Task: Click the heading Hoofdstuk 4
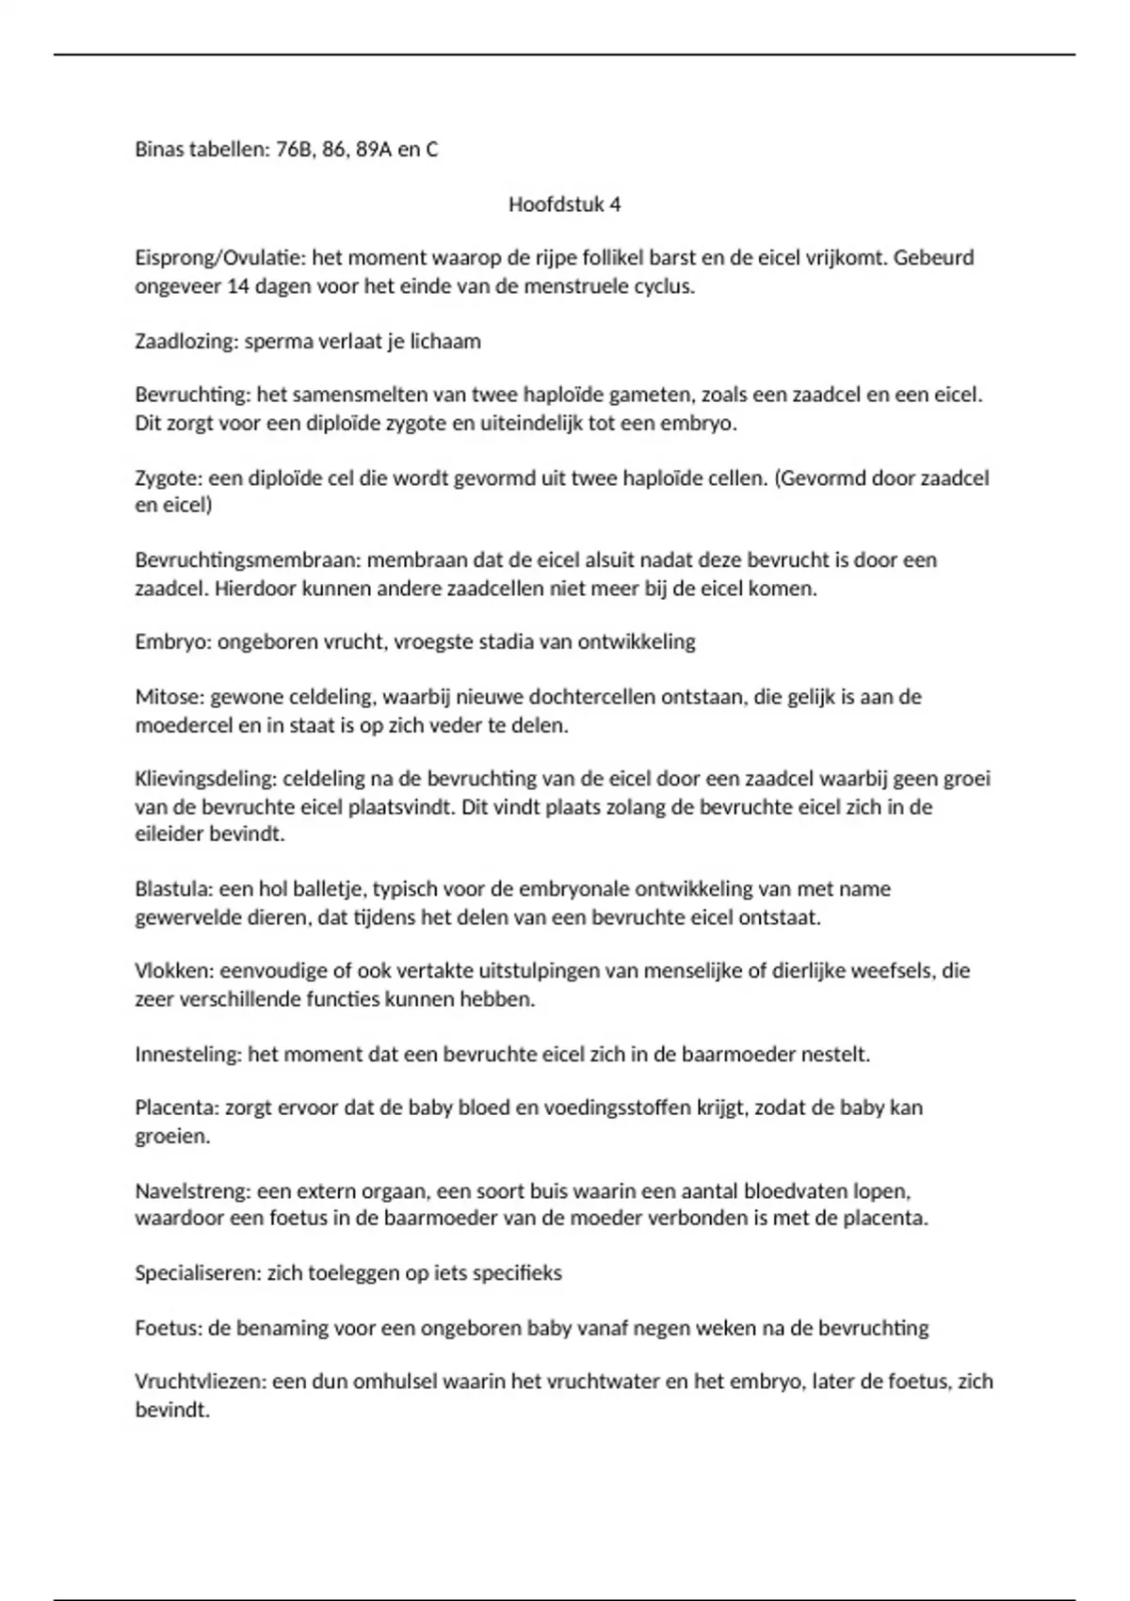point(564,204)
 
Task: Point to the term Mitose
point(169,698)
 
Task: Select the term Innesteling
point(188,1054)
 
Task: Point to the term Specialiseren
point(197,1273)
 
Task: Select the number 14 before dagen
point(238,286)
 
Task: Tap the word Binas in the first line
point(161,150)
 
